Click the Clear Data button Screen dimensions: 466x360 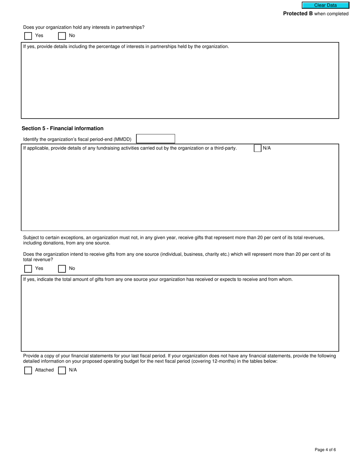tap(325, 5)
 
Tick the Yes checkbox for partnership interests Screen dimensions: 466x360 tap(28, 36)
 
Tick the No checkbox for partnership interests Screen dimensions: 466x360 tap(62, 36)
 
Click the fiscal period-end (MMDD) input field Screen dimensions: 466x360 tap(155, 139)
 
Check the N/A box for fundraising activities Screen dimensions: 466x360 tap(258, 148)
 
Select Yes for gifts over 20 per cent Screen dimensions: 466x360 tap(28, 269)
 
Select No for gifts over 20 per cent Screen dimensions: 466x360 tap(62, 269)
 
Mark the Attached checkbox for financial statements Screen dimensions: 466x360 tap(28, 370)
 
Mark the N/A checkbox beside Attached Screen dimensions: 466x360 tap(62, 370)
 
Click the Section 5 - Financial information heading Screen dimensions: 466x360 tap(63, 128)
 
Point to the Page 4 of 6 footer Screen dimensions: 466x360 tap(325, 450)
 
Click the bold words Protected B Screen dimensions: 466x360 tap(298, 14)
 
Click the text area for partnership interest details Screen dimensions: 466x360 tap(180, 83)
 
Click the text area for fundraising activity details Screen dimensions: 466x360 tap(180, 189)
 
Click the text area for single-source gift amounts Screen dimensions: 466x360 tap(180, 316)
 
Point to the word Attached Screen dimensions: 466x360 tap(44, 370)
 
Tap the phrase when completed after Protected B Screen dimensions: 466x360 tap(331, 14)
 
